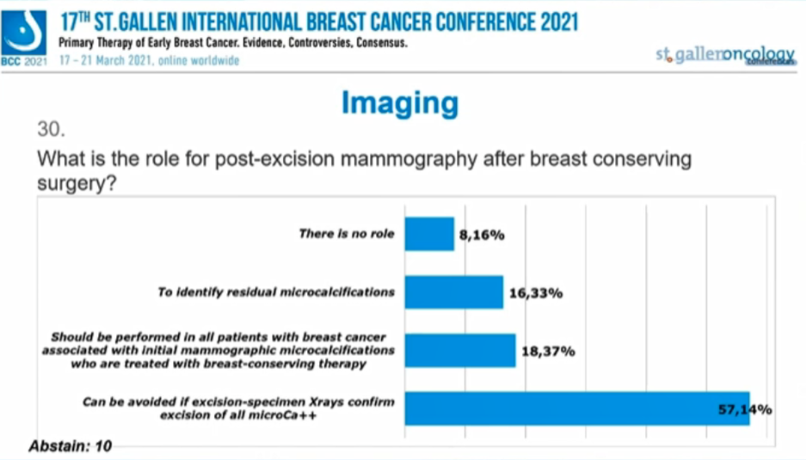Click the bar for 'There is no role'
point(428,234)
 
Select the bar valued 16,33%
point(453,291)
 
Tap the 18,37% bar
point(459,350)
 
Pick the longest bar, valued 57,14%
point(576,408)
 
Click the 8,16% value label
point(482,234)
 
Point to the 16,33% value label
point(535,293)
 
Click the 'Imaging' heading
point(399,103)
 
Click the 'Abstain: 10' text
point(70,446)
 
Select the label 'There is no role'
point(346,233)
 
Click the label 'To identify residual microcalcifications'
point(275,291)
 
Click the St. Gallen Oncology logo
point(724,55)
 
